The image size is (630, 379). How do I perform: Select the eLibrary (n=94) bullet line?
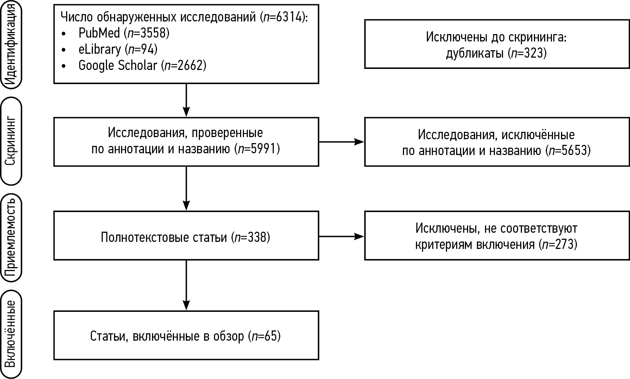point(118,49)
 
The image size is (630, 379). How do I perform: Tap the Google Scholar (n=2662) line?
point(142,65)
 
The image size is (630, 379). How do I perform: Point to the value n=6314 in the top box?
point(283,17)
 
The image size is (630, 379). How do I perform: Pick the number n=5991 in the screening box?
point(259,149)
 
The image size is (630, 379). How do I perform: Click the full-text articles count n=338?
point(252,238)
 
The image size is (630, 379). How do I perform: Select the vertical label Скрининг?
point(11,141)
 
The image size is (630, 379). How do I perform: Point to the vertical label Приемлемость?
point(11,238)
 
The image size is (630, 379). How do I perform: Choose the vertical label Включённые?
point(11,334)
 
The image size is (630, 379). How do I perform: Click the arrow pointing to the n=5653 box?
point(341,142)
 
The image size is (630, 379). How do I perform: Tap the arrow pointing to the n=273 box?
point(341,236)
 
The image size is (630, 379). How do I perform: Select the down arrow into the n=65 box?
point(186,285)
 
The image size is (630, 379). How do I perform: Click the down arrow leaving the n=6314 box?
point(186,100)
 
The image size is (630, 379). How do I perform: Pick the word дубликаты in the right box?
point(475,53)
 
